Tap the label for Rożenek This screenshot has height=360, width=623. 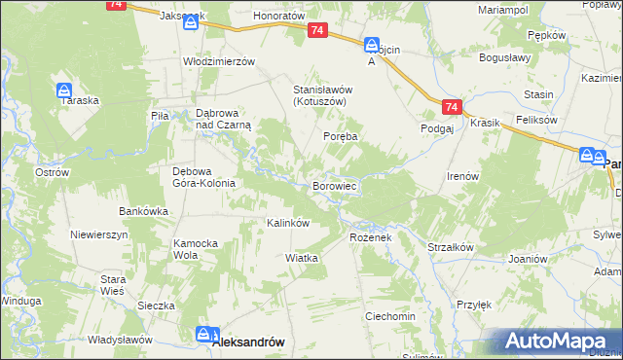point(369,236)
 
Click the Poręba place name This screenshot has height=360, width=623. point(341,137)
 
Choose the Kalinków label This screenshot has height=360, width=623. point(288,223)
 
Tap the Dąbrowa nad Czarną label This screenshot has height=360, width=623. point(224,119)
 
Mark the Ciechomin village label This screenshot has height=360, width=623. point(390,317)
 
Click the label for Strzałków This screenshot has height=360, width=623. point(450,247)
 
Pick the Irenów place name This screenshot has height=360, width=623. point(462,176)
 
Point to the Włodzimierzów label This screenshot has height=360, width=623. point(219,61)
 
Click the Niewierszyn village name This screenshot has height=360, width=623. point(100,235)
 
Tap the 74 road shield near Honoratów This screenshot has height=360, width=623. point(317,32)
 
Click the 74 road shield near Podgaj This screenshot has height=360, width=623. point(450,107)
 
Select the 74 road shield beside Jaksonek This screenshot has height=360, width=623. point(116,5)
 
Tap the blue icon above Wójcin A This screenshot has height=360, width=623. point(371,45)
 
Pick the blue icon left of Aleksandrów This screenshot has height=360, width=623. point(202,335)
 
